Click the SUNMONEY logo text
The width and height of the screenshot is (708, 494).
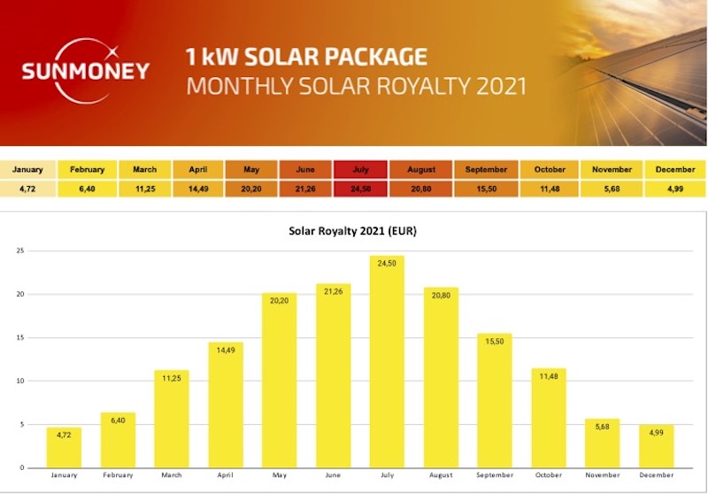[86, 71]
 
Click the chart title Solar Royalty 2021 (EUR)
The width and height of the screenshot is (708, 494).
[353, 232]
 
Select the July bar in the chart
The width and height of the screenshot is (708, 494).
[387, 362]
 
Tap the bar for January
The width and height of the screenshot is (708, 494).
[64, 448]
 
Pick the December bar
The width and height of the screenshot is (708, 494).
[657, 446]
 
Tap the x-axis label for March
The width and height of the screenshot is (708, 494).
[172, 476]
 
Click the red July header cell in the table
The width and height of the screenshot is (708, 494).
[360, 169]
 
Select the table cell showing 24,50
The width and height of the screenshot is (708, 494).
[360, 188]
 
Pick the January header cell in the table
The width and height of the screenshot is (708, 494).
[29, 169]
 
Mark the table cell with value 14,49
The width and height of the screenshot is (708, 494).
[199, 188]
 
